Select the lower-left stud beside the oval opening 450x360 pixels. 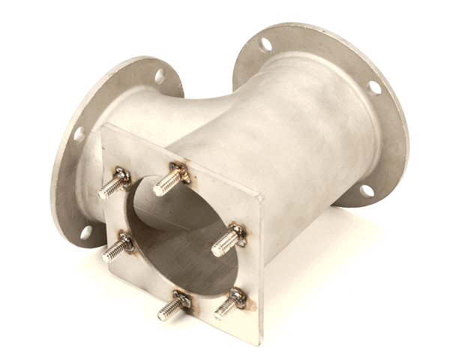[x=115, y=247]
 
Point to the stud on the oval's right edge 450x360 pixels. [x=226, y=241]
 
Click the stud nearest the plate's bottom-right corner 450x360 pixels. [x=229, y=304]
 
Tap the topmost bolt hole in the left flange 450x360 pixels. [x=160, y=76]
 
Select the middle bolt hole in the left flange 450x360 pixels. [x=79, y=135]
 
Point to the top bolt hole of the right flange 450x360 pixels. [x=265, y=44]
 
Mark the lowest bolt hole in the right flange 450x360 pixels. [x=367, y=190]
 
